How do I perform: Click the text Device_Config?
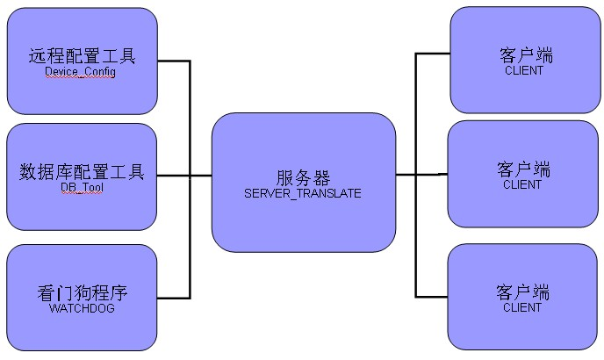coord(81,73)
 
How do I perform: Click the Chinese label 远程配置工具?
coord(81,57)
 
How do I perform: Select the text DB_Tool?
coord(81,187)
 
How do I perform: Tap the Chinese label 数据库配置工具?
coord(81,171)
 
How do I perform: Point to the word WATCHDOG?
coord(81,308)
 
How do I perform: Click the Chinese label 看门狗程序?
coord(81,292)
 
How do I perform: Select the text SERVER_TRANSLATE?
coord(303,192)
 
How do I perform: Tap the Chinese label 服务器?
coord(303,176)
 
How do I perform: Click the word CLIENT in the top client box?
coord(523,70)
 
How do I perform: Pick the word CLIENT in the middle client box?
coord(523,184)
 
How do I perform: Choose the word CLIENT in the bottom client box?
coord(523,307)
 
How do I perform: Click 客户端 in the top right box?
coord(523,54)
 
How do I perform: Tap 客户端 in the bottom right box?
coord(523,292)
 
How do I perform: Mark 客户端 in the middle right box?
coord(523,169)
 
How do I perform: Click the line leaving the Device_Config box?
coord(174,61)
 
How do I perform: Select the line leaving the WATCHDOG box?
coord(174,298)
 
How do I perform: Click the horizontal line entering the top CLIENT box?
coord(432,54)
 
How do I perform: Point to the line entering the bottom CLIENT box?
coord(432,296)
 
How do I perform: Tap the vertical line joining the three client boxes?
coord(416,237)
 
